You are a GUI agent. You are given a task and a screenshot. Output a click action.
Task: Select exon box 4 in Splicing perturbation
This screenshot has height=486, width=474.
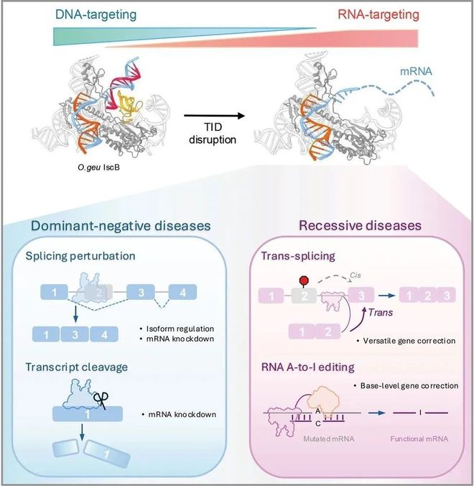(x=182, y=293)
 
